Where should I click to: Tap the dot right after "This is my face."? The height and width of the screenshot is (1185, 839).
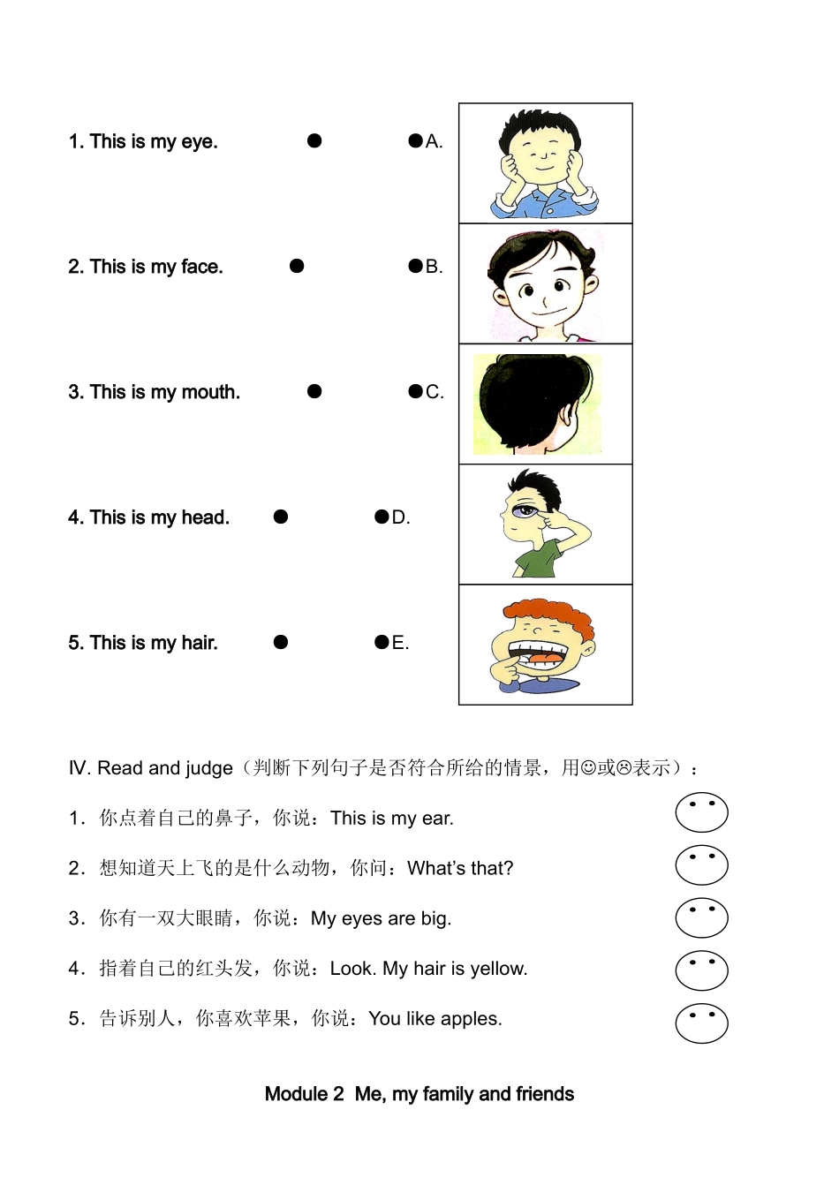(297, 266)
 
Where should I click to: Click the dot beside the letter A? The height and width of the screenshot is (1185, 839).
(415, 140)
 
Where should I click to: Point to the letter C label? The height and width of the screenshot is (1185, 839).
(434, 392)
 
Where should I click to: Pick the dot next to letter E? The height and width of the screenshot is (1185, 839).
(382, 642)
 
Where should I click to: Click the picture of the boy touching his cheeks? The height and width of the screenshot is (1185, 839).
(545, 164)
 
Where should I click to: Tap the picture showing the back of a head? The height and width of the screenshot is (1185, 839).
(537, 404)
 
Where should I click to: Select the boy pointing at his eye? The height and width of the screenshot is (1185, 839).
(540, 525)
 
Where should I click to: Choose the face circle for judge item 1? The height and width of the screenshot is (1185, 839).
(701, 813)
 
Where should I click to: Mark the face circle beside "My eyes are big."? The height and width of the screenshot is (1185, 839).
(701, 918)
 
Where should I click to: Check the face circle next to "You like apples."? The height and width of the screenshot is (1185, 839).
(701, 1023)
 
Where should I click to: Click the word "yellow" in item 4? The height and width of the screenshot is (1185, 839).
(498, 969)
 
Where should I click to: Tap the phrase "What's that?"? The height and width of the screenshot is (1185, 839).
(460, 869)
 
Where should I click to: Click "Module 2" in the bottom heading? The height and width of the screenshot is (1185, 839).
(304, 1094)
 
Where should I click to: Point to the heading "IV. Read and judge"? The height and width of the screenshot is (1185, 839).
(151, 768)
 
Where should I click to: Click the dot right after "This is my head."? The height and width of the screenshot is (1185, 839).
(281, 517)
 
